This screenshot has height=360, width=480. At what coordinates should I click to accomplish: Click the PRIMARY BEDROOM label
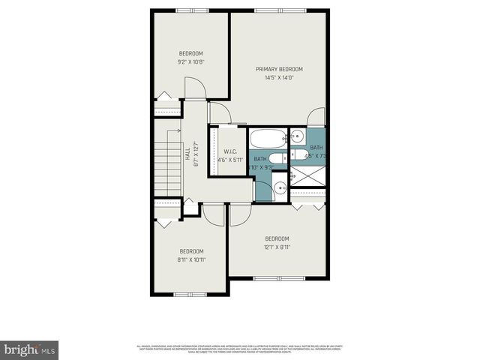(278, 68)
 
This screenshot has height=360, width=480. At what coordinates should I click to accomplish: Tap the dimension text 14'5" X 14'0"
(278, 77)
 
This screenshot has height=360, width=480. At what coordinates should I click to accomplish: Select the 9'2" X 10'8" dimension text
(190, 62)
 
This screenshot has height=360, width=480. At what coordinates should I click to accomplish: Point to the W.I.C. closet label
(229, 152)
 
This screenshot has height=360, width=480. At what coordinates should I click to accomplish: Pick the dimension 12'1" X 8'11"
(277, 247)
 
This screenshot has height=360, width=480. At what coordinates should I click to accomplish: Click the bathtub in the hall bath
(268, 139)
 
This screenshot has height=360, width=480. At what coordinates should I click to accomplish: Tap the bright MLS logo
(29, 349)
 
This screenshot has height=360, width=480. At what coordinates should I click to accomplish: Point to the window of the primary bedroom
(279, 10)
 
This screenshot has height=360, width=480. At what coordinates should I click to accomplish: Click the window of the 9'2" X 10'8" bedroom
(192, 10)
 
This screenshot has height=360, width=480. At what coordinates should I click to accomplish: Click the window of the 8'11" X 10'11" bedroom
(190, 294)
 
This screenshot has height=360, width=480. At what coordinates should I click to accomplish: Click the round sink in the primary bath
(296, 137)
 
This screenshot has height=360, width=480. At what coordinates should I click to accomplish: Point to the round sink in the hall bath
(279, 188)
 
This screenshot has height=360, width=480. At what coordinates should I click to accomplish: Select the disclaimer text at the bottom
(239, 348)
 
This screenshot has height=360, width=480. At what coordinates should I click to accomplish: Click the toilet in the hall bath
(275, 158)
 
